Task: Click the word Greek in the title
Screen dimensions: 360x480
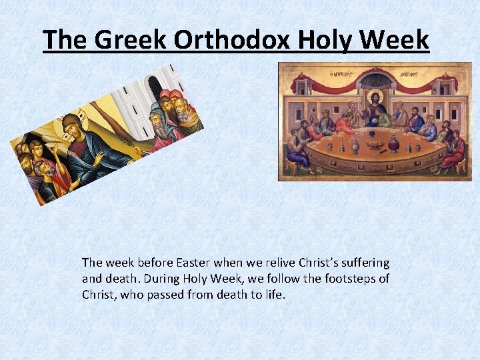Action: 131,40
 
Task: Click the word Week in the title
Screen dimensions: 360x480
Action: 393,40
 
